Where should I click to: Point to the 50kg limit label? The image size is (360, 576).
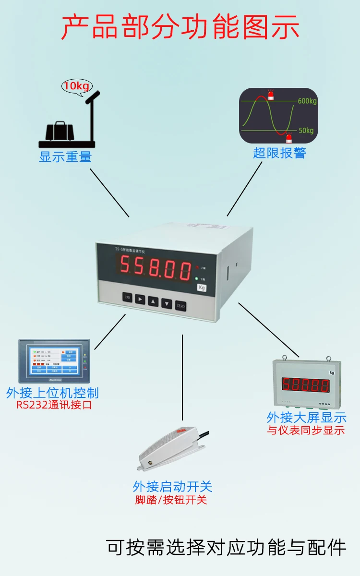tap(305, 130)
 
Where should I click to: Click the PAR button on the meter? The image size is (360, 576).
tap(127, 298)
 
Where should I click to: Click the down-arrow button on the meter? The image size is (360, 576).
tap(167, 303)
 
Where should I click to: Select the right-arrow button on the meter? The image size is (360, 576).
tap(140, 300)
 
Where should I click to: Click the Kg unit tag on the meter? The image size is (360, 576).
tap(202, 288)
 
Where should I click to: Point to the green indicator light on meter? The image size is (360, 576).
tap(197, 278)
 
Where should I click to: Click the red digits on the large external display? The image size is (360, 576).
tap(305, 384)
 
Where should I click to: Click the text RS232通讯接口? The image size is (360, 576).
tap(54, 405)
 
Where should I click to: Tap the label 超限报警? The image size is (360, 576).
tap(279, 153)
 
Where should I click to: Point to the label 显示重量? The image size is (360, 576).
tap(65, 156)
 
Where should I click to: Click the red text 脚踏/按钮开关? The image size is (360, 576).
tap(171, 500)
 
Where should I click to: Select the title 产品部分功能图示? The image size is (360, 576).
tap(180, 27)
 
